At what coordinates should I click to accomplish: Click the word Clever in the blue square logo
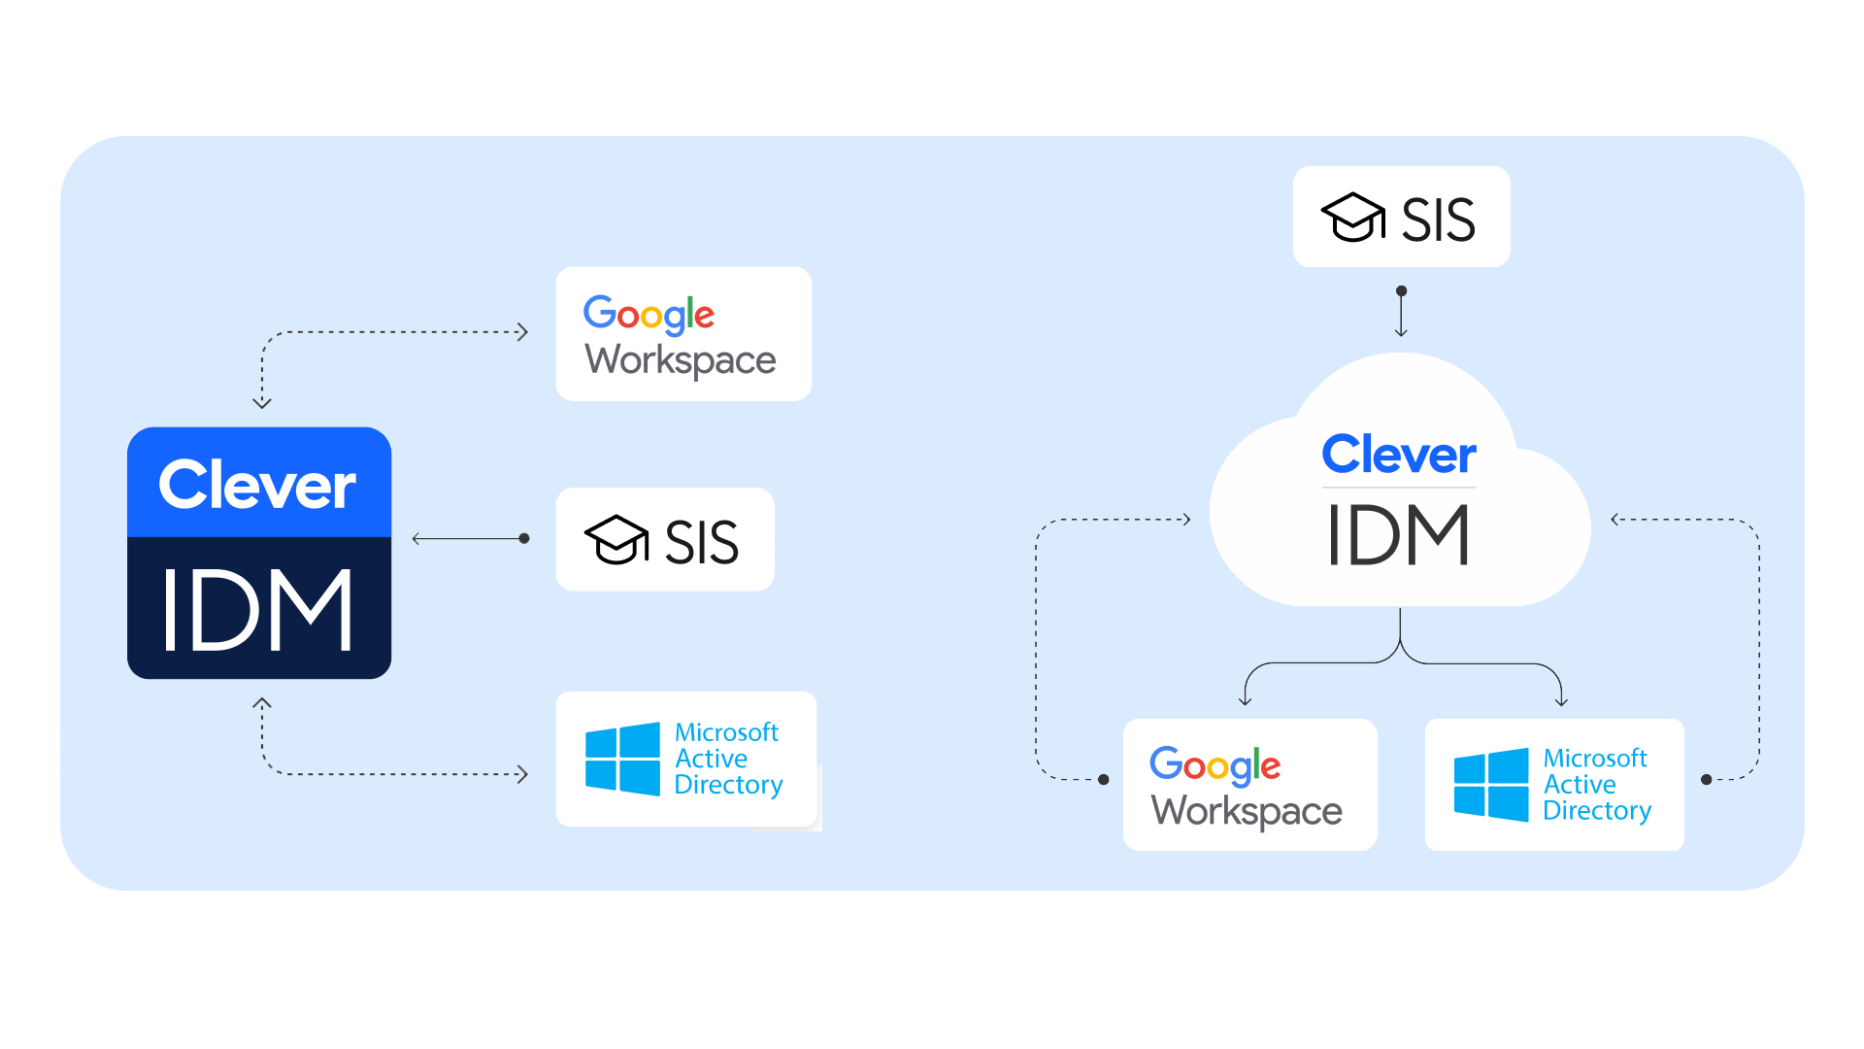(x=257, y=485)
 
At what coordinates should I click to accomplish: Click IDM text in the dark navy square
(x=257, y=610)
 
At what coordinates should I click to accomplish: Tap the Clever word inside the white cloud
(x=1399, y=455)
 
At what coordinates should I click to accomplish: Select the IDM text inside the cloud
(x=1399, y=535)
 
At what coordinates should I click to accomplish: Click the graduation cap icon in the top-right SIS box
(x=1352, y=217)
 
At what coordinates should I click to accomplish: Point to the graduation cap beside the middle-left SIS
(x=616, y=539)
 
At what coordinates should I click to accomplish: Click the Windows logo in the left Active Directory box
(x=622, y=759)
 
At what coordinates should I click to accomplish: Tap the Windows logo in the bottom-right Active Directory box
(x=1491, y=785)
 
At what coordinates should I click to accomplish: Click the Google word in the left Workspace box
(x=649, y=314)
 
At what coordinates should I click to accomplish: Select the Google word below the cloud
(x=1215, y=765)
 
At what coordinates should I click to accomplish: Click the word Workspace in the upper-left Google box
(x=681, y=360)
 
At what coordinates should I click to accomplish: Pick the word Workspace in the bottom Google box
(x=1248, y=811)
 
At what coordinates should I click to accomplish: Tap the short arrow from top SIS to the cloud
(x=1401, y=313)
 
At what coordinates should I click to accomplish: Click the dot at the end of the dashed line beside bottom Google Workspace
(x=1104, y=779)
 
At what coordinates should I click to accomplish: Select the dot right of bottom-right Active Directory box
(x=1707, y=779)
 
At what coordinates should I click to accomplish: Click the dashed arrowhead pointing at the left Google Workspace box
(x=522, y=332)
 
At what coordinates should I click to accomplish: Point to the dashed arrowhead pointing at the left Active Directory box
(x=522, y=774)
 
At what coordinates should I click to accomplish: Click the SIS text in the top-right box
(x=1438, y=220)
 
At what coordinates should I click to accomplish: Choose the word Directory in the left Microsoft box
(x=728, y=785)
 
